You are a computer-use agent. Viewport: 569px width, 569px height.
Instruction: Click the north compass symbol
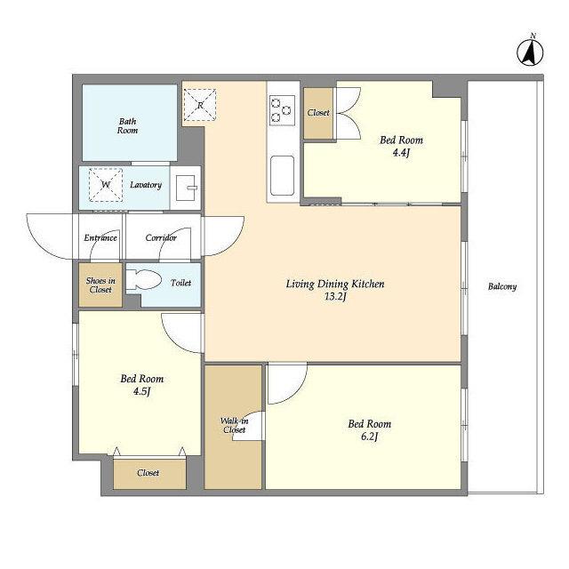(530, 52)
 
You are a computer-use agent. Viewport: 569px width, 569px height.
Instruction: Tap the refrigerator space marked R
(200, 105)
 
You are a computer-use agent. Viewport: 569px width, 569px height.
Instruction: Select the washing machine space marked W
(106, 185)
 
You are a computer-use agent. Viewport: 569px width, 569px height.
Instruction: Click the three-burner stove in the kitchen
(282, 110)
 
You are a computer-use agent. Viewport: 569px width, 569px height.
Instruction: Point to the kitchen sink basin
(282, 176)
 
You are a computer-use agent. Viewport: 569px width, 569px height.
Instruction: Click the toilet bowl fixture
(144, 281)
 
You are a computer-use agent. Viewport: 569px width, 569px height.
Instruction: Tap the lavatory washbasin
(186, 188)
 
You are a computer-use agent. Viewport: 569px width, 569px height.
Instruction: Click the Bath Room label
(127, 126)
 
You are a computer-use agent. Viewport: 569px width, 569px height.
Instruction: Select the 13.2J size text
(335, 296)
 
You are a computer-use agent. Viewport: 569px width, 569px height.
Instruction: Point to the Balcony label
(502, 286)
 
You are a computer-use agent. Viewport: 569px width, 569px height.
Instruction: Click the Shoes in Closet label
(100, 285)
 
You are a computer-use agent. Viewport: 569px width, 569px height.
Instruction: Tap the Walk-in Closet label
(235, 425)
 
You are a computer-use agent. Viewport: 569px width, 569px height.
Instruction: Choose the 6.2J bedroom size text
(370, 437)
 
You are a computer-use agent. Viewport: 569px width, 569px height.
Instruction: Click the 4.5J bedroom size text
(141, 391)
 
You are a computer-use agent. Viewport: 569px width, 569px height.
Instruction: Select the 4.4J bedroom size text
(401, 153)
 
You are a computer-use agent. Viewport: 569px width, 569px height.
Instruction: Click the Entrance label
(100, 238)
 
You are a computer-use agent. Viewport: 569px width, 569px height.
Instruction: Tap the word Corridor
(161, 237)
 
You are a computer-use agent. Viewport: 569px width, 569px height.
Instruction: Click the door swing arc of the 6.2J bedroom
(296, 393)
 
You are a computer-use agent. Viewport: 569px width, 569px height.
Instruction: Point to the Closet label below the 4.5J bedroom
(148, 473)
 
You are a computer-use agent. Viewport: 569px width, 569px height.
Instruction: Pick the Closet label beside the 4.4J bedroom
(318, 113)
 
